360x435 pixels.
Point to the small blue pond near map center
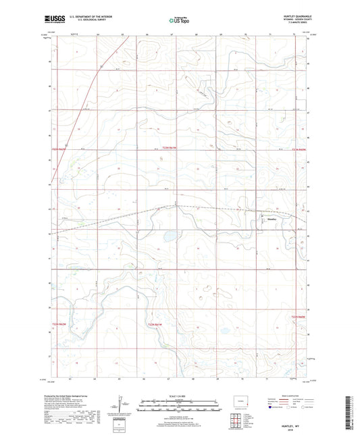click(x=170, y=236)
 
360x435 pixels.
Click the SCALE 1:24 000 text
click(x=179, y=395)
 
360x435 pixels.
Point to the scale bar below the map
click(x=179, y=407)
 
